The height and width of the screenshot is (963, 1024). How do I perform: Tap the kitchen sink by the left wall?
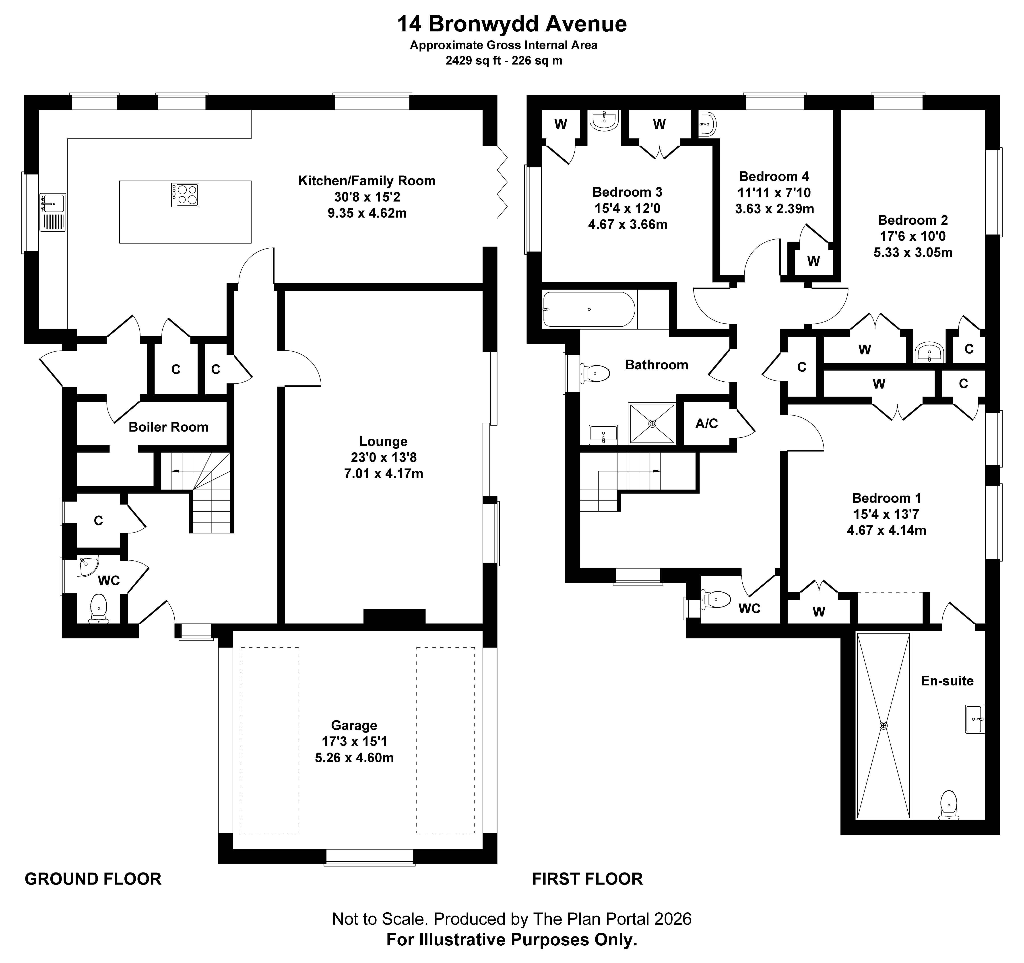tap(53, 212)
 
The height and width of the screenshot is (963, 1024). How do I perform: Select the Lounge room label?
tap(383, 441)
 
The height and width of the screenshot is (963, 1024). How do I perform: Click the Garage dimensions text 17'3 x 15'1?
tap(354, 742)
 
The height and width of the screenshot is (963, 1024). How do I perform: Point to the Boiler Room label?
tap(168, 427)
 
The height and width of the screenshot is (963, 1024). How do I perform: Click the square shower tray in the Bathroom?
tap(652, 423)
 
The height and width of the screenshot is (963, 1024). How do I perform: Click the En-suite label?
tap(947, 681)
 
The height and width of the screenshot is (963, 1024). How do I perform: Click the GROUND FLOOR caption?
tap(93, 879)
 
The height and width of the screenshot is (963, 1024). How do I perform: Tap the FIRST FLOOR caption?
tap(587, 879)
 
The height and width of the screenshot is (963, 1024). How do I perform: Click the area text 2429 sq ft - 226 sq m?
tap(504, 61)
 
